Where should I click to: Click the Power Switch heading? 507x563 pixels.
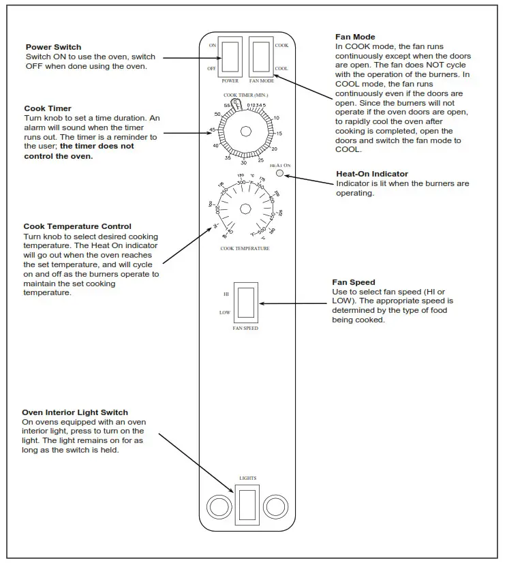53,47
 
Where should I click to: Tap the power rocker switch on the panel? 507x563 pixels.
231,57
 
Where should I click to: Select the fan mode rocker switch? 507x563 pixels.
261,57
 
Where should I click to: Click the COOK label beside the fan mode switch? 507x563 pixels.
281,45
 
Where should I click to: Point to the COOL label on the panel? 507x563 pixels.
281,69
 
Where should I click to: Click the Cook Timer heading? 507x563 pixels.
48,108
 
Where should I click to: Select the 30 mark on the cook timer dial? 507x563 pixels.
243,163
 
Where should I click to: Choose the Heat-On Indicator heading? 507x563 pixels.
371,174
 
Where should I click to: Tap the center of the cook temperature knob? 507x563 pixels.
246,208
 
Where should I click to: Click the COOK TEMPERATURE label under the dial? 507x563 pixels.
245,249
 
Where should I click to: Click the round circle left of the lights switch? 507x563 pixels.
219,506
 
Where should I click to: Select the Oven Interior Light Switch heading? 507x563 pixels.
75,412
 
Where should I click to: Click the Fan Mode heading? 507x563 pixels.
355,37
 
